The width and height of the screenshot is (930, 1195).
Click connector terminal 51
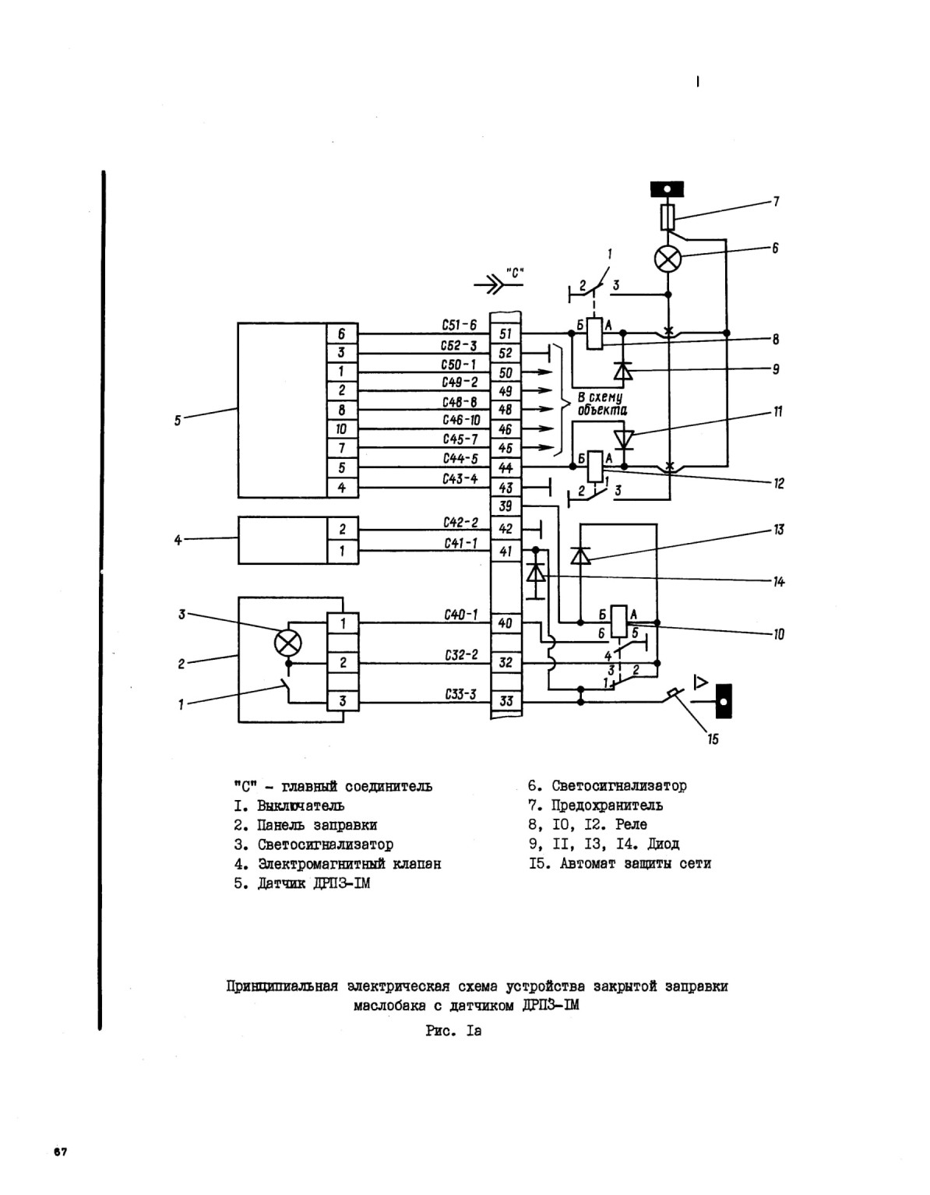coord(506,334)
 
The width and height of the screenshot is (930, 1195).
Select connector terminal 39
coord(506,506)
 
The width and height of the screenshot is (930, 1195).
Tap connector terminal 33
coord(506,701)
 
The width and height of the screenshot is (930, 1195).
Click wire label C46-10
coord(460,420)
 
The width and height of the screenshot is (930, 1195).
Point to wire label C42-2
coord(460,523)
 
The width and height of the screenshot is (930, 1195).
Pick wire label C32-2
coord(460,655)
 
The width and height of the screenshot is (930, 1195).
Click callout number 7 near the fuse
coord(776,202)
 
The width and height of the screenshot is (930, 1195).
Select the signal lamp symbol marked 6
coord(668,259)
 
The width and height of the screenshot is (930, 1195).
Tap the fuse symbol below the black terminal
coord(668,217)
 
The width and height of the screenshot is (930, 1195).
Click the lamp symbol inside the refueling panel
coord(287,643)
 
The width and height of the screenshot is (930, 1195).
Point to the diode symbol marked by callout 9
coord(623,372)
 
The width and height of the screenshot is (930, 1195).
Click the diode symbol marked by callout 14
coord(536,573)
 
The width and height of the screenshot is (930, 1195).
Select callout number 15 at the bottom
coord(713,739)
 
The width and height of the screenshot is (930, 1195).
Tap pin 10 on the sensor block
coord(341,429)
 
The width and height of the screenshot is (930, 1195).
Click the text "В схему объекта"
coord(602,404)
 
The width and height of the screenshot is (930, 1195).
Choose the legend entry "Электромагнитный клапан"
coord(337,863)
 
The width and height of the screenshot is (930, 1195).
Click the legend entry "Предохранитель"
coord(595,805)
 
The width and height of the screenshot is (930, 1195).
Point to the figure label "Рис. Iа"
coord(453,1031)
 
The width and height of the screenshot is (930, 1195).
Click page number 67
coord(61,1151)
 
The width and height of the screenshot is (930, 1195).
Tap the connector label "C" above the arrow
coord(515,273)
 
